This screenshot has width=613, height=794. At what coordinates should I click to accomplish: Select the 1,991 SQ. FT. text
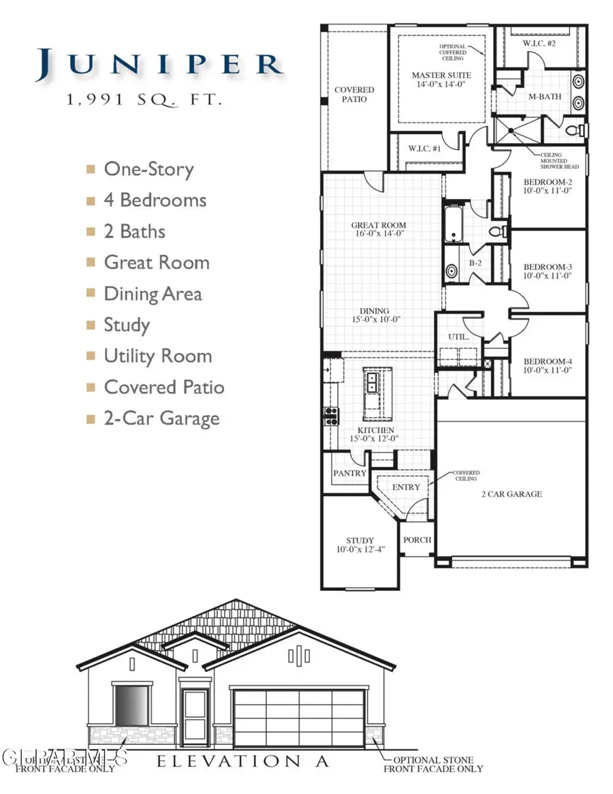(x=144, y=100)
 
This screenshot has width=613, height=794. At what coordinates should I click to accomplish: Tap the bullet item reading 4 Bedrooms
(x=155, y=200)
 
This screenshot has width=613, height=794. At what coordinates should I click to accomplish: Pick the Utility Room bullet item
(x=157, y=356)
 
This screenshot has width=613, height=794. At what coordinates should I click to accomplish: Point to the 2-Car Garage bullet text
(x=161, y=418)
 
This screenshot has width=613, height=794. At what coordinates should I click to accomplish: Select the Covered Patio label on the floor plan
(x=354, y=94)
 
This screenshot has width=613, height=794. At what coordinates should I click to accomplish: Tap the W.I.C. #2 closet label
(x=539, y=44)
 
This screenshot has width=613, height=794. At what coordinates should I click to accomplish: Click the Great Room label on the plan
(x=379, y=229)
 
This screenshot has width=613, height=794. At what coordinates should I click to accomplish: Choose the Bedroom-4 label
(x=547, y=365)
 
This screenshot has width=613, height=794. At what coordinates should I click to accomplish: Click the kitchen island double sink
(x=373, y=382)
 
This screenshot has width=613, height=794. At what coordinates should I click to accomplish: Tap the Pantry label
(x=350, y=473)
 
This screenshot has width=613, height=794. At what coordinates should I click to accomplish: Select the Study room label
(x=359, y=545)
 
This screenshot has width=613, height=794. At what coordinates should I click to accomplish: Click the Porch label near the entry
(x=417, y=540)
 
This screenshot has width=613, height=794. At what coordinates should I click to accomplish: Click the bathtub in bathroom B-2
(x=452, y=226)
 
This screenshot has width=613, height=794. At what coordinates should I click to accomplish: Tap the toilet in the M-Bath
(x=573, y=129)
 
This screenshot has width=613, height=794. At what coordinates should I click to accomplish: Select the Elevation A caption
(x=243, y=761)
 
